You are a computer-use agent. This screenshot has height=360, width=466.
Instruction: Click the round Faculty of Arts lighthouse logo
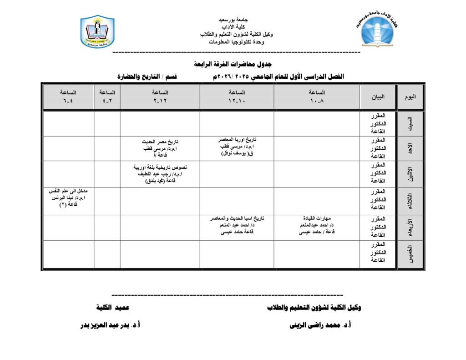coord(378,30)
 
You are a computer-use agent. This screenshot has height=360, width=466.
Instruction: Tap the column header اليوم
coord(410,97)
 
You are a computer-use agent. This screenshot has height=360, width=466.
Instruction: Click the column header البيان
coord(378,97)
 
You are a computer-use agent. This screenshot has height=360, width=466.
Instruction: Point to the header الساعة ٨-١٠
coord(317,96)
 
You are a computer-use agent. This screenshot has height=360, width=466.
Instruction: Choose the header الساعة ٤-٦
coord(68,96)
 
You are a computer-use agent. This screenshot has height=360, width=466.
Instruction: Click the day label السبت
coord(410,123)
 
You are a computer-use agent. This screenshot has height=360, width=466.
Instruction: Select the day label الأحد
coord(410,148)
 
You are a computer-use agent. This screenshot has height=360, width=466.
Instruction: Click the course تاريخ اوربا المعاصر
coord(237,140)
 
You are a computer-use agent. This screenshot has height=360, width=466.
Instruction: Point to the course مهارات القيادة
coord(317,218)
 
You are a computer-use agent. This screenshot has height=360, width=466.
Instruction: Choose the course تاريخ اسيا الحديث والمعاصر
coord(237,218)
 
